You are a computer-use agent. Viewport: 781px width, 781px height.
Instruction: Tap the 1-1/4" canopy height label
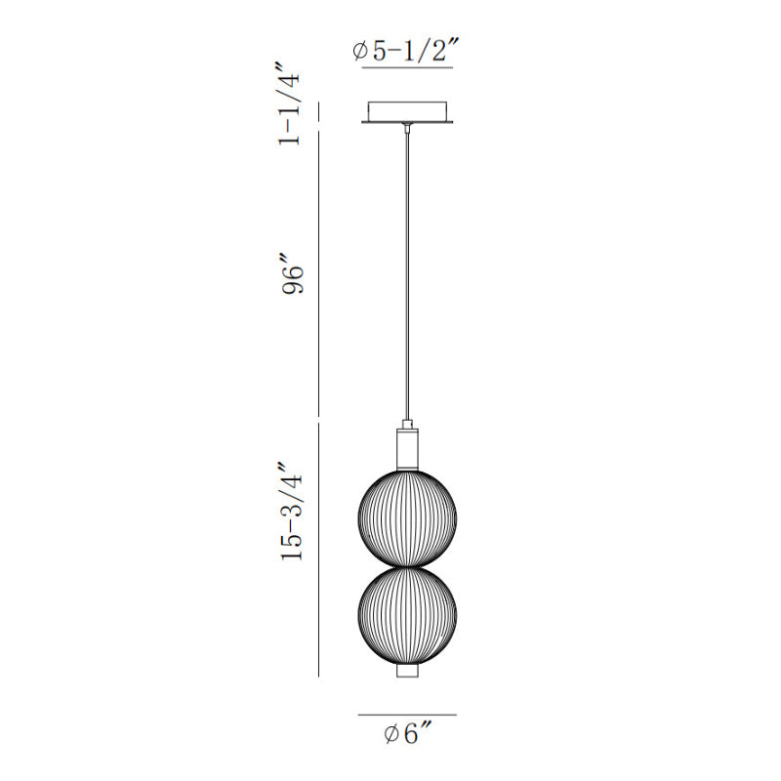click(x=290, y=103)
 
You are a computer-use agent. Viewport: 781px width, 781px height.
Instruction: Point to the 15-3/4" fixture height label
click(x=291, y=512)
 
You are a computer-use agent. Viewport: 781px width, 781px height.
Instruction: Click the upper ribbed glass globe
click(x=407, y=517)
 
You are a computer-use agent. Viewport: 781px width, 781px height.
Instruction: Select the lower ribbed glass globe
click(x=407, y=616)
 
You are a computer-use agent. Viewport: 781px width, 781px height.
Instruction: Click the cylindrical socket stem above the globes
click(x=407, y=449)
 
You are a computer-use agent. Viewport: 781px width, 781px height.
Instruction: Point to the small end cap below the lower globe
click(x=407, y=671)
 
